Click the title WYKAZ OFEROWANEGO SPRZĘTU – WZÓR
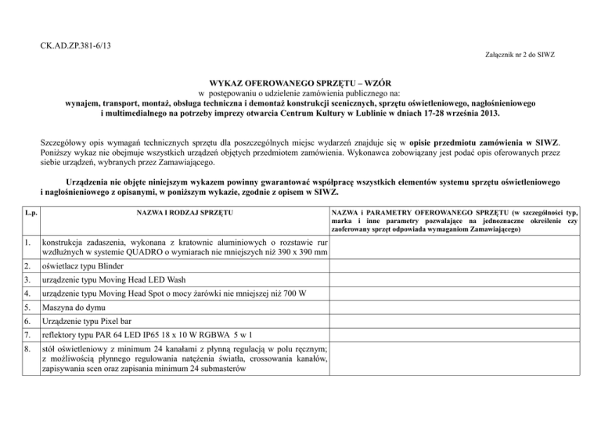(300, 82)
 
